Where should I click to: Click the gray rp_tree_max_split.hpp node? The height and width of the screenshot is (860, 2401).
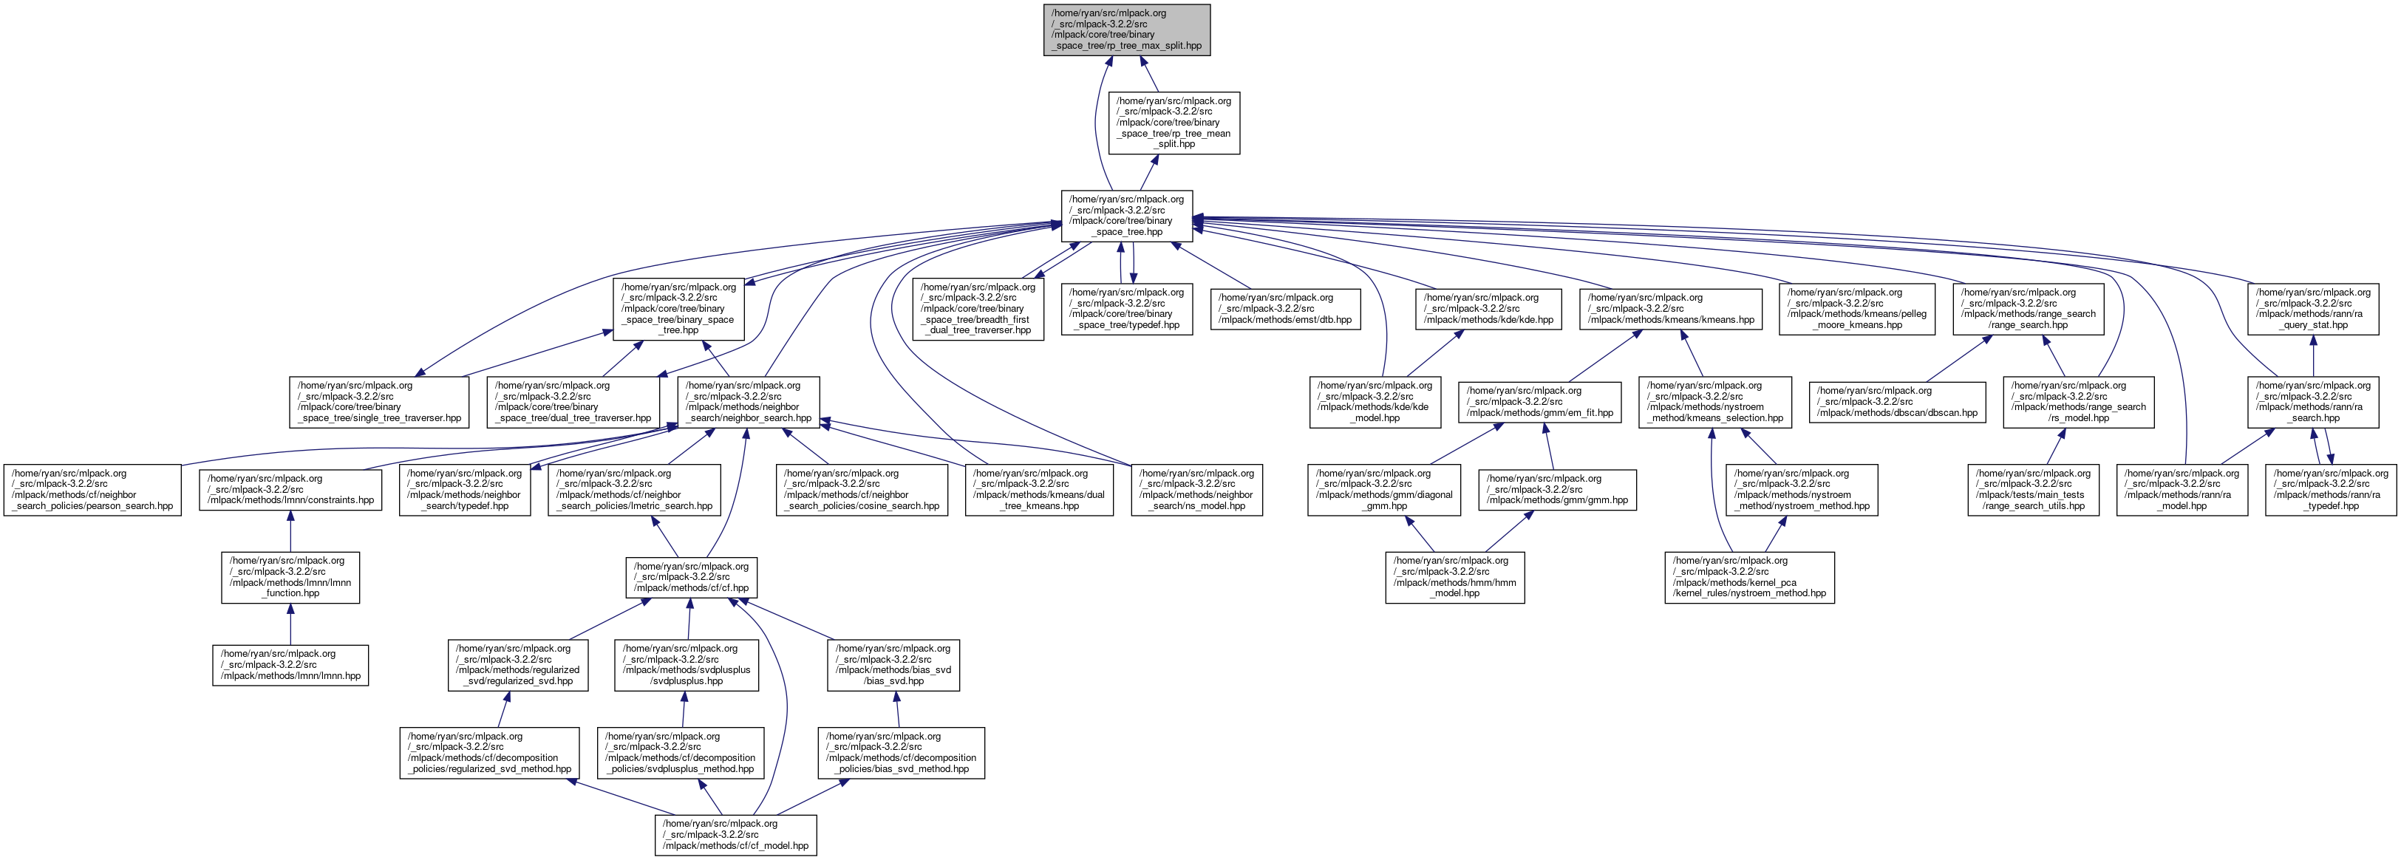click(1126, 30)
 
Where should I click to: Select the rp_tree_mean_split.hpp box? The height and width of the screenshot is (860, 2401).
click(1174, 122)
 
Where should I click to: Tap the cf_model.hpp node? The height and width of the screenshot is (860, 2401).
click(735, 835)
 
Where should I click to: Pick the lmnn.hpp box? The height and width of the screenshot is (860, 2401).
click(290, 665)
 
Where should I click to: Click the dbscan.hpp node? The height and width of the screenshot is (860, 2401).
click(1897, 402)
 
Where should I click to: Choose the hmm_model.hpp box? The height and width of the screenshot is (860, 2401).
click(1454, 578)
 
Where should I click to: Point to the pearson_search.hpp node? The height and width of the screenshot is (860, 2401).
click(92, 490)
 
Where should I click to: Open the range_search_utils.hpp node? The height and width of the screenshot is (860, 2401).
click(2033, 490)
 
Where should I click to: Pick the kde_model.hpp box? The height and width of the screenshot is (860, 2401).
click(1375, 403)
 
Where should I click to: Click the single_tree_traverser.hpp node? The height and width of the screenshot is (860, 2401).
click(379, 403)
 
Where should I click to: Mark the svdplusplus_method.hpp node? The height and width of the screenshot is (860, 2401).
click(679, 753)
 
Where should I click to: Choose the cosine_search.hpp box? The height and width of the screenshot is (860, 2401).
click(861, 490)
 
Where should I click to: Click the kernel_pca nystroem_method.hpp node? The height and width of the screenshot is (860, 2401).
click(1749, 578)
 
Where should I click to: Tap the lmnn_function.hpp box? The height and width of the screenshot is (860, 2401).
click(290, 578)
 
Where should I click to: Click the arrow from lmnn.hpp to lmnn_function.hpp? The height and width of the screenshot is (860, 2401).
click(290, 624)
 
